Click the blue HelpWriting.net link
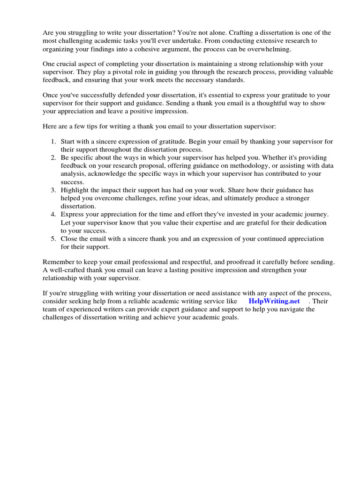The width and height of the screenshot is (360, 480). point(274,301)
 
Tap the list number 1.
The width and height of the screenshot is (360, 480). point(53,142)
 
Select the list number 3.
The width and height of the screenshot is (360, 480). point(53,190)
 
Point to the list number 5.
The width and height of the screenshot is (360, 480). point(53,239)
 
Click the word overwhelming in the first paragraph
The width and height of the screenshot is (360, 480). point(269,49)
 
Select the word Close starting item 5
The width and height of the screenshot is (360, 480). point(70,239)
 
